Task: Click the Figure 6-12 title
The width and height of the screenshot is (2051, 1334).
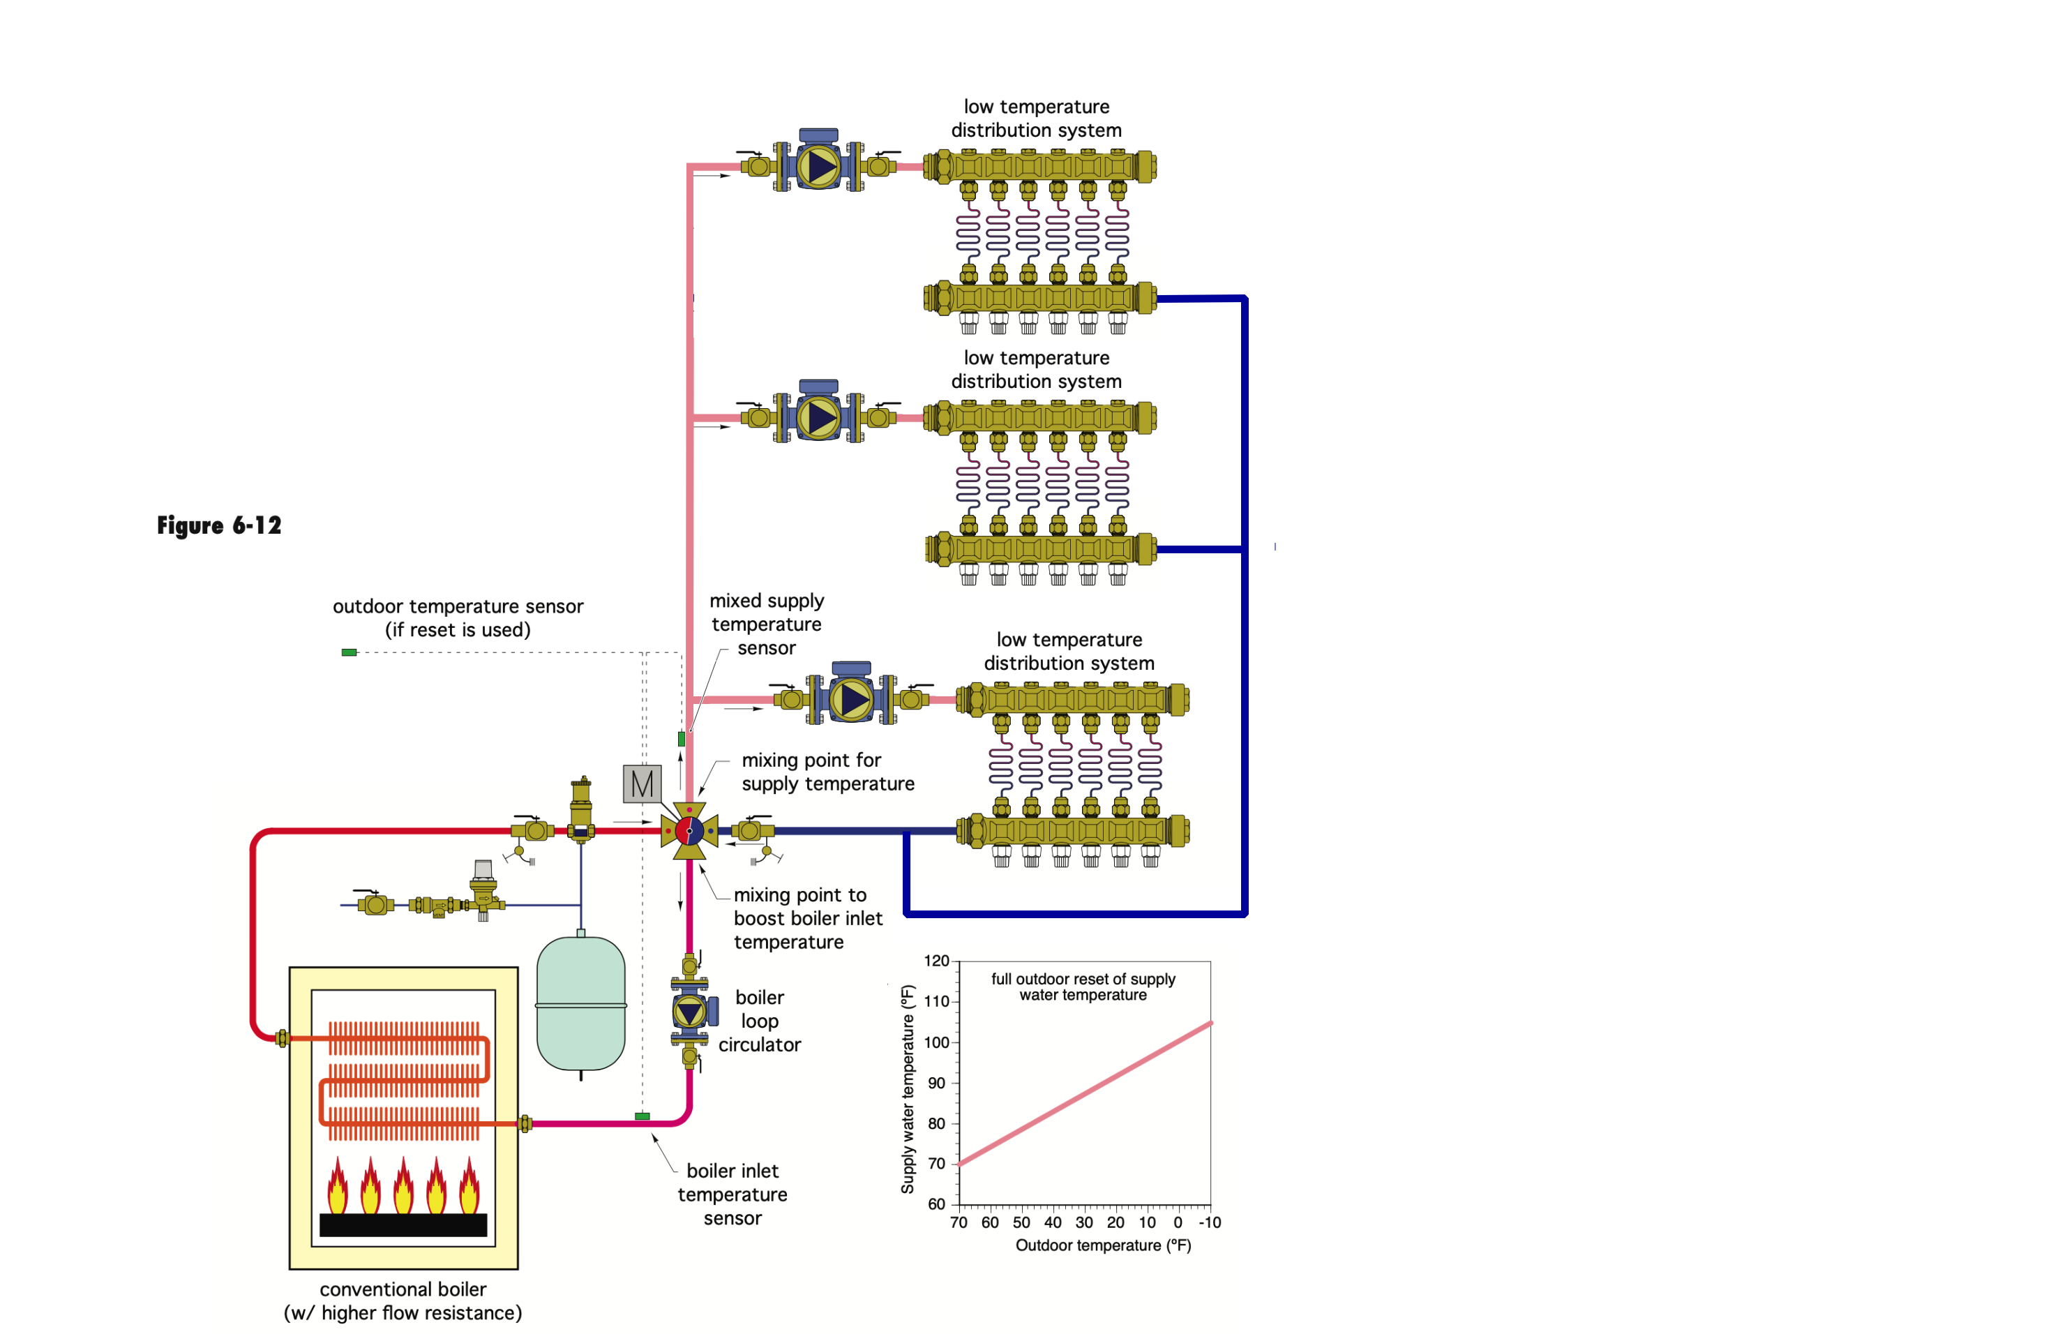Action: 219,525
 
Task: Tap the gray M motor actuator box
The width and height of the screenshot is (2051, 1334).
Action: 642,784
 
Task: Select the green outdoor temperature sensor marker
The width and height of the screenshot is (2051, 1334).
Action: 349,652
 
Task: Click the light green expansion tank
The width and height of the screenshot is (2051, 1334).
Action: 581,1005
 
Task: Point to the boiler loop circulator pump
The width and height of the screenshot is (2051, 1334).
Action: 689,1012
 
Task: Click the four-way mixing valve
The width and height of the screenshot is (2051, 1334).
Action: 689,831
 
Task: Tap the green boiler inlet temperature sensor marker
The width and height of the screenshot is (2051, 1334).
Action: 642,1116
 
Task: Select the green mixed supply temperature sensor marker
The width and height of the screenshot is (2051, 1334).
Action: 681,739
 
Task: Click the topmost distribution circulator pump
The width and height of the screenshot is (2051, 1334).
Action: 819,165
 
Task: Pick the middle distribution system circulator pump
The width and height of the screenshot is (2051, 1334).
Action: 819,417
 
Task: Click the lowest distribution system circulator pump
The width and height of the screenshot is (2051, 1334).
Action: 851,699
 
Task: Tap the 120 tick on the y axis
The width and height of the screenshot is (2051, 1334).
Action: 936,961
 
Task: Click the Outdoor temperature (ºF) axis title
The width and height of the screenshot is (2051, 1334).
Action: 1103,1245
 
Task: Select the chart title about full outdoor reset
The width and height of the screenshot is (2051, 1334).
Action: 1083,987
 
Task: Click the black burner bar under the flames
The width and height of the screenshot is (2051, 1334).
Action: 403,1224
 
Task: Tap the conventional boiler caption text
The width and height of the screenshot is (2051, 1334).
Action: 403,1301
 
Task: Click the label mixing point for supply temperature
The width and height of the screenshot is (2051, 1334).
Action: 827,772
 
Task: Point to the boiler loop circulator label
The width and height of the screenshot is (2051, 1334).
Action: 759,1021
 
